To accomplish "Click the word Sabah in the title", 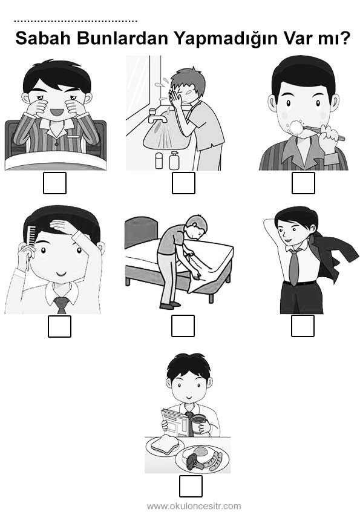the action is (x=43, y=38).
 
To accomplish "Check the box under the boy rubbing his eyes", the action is (x=55, y=183).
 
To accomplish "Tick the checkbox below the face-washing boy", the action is (x=183, y=183).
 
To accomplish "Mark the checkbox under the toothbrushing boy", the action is (x=303, y=183).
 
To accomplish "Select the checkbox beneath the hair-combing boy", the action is (x=59, y=326).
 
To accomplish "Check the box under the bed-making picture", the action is (x=183, y=326).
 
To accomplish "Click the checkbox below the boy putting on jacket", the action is (x=303, y=326).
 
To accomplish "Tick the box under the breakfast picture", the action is (x=191, y=486).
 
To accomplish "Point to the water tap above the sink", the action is (x=157, y=116).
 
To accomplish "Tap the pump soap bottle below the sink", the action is (x=174, y=160).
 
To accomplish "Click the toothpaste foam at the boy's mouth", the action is (x=296, y=127).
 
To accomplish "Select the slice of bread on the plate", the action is (x=165, y=444).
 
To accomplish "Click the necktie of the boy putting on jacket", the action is (x=293, y=267).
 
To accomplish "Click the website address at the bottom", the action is (x=194, y=507).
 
